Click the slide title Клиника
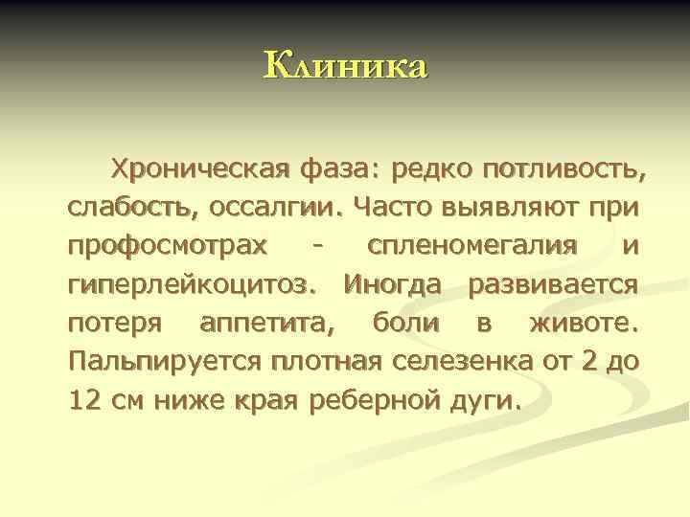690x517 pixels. tap(345, 66)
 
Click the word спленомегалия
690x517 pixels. tap(472, 245)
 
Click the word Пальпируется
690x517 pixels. tap(167, 361)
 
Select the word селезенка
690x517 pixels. tap(470, 361)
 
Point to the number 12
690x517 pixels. tap(87, 399)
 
